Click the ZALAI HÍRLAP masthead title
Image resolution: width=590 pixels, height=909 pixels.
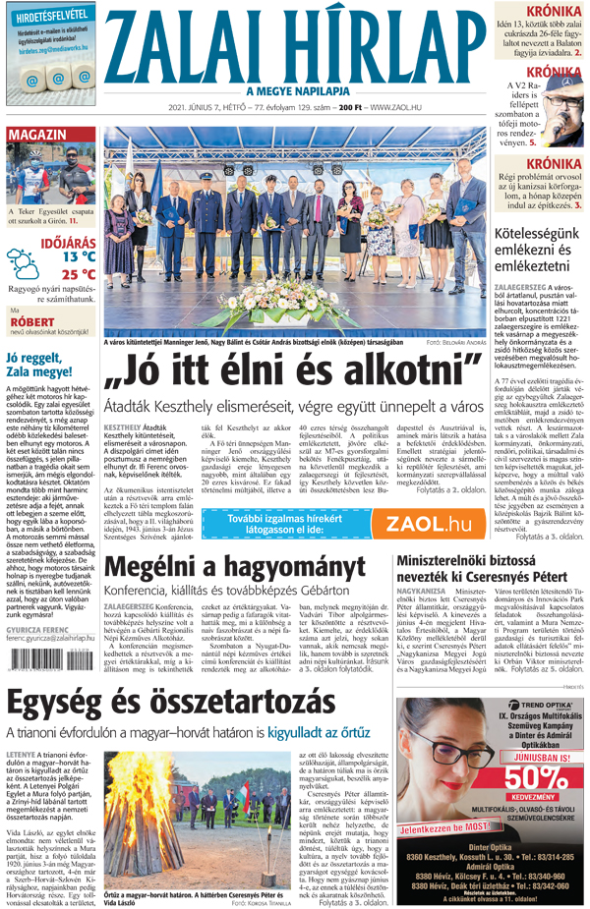[x=296, y=47]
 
